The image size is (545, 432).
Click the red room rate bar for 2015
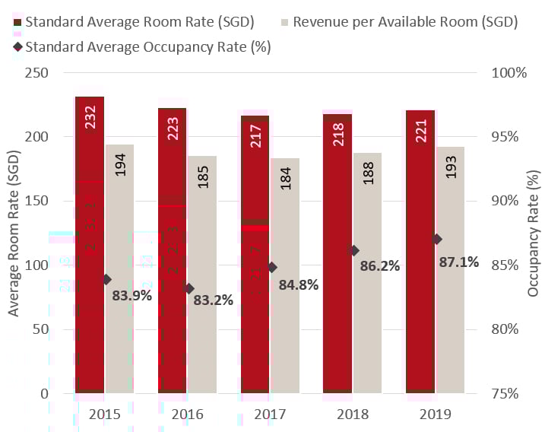(x=89, y=243)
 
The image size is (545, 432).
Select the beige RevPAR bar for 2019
(x=450, y=270)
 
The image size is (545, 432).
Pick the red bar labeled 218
(x=337, y=255)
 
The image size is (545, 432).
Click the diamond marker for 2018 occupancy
(x=353, y=250)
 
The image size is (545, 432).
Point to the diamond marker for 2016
(x=189, y=288)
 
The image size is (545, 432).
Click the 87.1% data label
(x=459, y=262)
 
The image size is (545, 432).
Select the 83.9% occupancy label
(x=132, y=296)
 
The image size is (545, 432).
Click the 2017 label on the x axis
(x=269, y=415)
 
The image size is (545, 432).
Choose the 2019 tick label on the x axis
(x=435, y=415)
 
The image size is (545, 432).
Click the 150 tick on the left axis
(x=36, y=202)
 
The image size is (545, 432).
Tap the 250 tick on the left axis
(x=36, y=73)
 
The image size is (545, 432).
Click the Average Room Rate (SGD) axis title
(x=14, y=233)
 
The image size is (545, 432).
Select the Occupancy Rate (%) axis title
(x=534, y=233)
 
